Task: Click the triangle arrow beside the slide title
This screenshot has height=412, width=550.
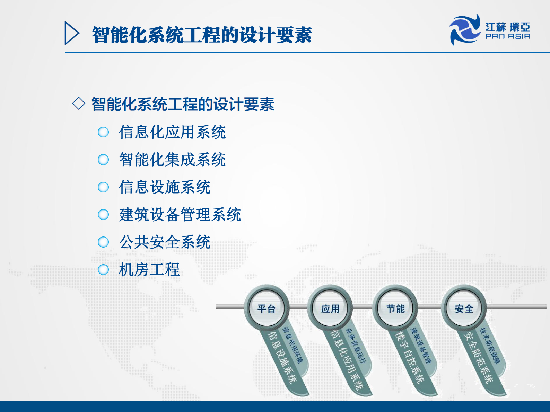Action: tap(71, 33)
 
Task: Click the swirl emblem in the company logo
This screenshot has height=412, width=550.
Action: tap(465, 30)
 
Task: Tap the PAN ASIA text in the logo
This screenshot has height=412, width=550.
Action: tap(507, 36)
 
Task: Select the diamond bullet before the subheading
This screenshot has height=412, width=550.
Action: tap(79, 104)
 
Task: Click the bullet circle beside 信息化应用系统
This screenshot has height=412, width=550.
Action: tap(103, 132)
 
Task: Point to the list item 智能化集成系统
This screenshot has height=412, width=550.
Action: tap(172, 160)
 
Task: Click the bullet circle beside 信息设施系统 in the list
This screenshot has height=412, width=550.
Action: tap(103, 187)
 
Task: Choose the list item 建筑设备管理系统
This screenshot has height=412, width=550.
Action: tap(180, 215)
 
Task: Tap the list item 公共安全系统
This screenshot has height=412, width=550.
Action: tap(165, 242)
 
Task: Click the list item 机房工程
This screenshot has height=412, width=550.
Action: tap(149, 270)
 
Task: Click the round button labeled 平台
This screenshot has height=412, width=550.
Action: tap(267, 308)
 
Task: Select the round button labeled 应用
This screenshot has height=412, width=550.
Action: tap(330, 308)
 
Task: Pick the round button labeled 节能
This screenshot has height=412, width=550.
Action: tap(395, 308)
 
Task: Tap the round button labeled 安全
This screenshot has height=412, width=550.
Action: tap(464, 308)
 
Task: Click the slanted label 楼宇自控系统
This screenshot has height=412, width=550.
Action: tap(411, 358)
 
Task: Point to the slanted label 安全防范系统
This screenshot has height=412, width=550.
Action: tap(479, 358)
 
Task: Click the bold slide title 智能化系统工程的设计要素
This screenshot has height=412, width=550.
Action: tap(202, 35)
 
